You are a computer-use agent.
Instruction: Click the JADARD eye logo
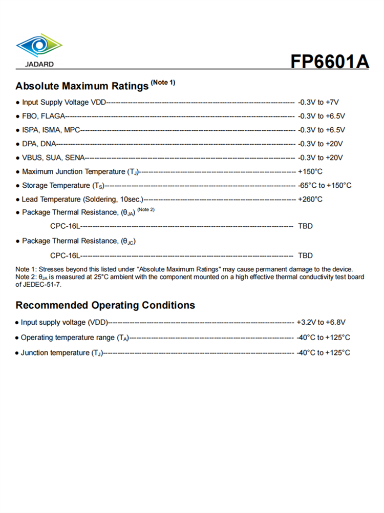point(39,46)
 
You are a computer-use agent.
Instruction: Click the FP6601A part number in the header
point(330,61)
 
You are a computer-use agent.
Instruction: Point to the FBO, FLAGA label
point(43,116)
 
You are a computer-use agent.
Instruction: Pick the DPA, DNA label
point(39,144)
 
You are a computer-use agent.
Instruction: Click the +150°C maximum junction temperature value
point(310,171)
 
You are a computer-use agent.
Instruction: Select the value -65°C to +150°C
point(325,185)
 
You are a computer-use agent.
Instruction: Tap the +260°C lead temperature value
point(310,199)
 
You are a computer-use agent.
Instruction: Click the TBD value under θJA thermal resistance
point(305,226)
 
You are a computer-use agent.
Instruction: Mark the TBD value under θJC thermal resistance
point(305,255)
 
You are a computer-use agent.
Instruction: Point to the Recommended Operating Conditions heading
point(105,305)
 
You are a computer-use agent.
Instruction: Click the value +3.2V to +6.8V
point(321,322)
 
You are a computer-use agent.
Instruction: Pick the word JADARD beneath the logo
point(39,65)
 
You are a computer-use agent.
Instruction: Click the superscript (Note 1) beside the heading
point(163,82)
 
